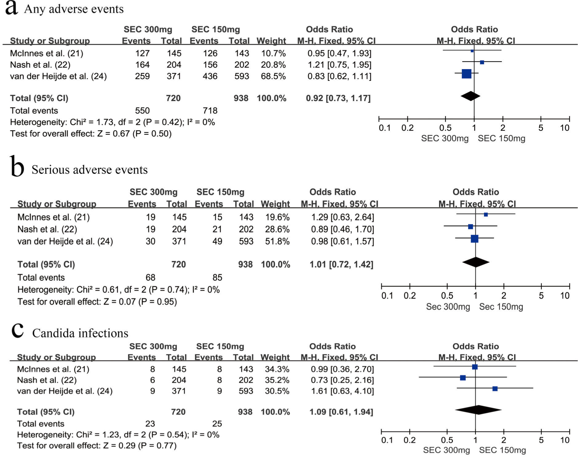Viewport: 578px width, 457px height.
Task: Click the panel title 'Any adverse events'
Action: pos(74,9)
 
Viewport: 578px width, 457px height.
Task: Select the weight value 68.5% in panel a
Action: pos(273,76)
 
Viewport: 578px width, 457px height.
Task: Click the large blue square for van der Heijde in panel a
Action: pos(466,74)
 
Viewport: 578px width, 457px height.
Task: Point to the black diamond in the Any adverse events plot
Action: pos(470,96)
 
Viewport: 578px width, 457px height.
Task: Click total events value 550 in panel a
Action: pos(142,111)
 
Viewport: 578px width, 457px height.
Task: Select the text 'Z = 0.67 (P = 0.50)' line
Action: pos(91,134)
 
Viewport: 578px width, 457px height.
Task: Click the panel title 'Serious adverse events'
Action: pos(89,170)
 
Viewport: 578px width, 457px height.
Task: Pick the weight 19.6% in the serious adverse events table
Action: pos(277,217)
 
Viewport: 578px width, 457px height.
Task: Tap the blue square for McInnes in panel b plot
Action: pos(486,215)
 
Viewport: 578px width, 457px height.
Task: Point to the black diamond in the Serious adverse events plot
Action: pos(476,262)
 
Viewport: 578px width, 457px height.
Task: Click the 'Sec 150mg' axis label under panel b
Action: pos(501,307)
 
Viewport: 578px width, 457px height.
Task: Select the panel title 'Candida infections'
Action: pos(80,333)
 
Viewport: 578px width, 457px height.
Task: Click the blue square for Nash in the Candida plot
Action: pos(463,378)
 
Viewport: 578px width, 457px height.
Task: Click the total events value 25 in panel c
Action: pos(217,424)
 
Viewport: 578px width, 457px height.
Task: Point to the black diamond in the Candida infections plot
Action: pos(478,410)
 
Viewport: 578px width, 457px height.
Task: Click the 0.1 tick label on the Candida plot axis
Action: pos(387,440)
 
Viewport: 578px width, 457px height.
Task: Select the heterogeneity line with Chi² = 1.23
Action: pos(118,435)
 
